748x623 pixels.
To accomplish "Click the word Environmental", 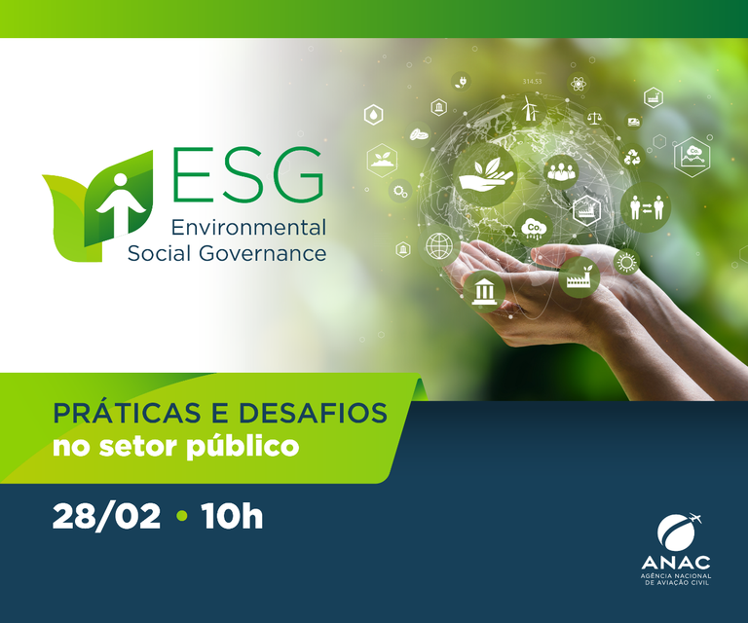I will click(x=248, y=228).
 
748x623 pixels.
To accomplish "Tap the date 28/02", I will click(x=106, y=516).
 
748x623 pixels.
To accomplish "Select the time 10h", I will click(x=232, y=516).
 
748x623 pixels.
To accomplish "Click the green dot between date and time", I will click(x=181, y=517).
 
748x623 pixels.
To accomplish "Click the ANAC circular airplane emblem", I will click(x=677, y=532).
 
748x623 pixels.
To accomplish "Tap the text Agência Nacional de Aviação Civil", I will click(x=677, y=581).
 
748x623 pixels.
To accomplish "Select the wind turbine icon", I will click(x=530, y=108).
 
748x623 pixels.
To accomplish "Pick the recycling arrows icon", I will click(x=632, y=156).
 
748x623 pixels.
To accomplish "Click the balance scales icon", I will click(x=594, y=118).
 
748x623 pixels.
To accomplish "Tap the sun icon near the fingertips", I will click(x=625, y=262).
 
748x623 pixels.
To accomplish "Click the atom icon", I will click(x=576, y=83).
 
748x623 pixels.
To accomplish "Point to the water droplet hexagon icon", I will click(x=374, y=115).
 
